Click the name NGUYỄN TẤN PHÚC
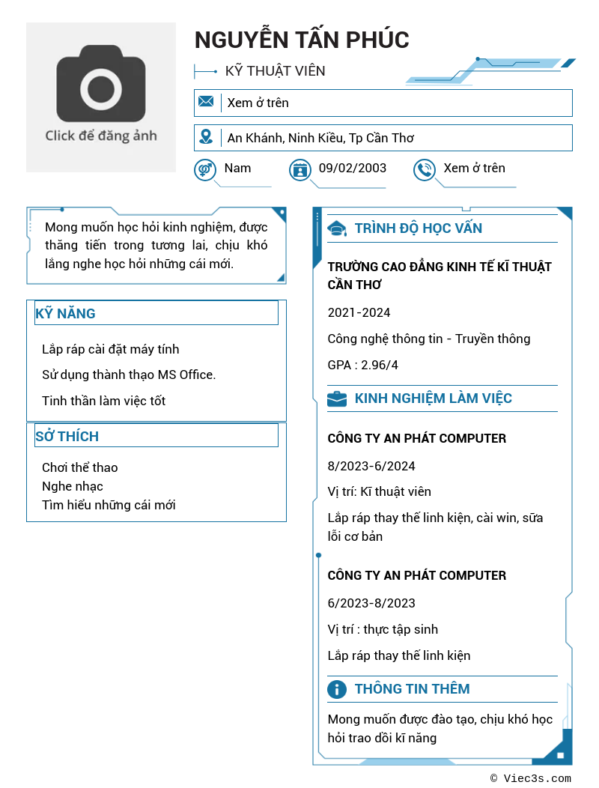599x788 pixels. [302, 40]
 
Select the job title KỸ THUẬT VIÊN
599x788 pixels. [275, 71]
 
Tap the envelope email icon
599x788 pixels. [206, 102]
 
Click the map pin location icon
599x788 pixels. [206, 137]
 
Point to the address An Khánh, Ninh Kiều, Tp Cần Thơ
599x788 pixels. [320, 138]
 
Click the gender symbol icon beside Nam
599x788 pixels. [204, 169]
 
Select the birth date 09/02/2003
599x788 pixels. [352, 168]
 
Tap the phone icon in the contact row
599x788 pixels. [425, 170]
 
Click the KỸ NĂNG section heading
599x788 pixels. [66, 314]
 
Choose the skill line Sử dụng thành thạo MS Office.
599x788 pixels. [129, 375]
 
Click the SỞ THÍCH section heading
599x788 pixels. [67, 436]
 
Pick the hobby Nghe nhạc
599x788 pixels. [73, 486]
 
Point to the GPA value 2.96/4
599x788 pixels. [363, 365]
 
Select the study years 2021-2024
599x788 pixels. [359, 312]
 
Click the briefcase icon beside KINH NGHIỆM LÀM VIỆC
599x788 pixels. [337, 398]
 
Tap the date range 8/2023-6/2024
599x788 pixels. [371, 466]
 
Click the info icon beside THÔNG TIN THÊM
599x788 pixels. [338, 689]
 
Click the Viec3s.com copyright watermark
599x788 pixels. [530, 778]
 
